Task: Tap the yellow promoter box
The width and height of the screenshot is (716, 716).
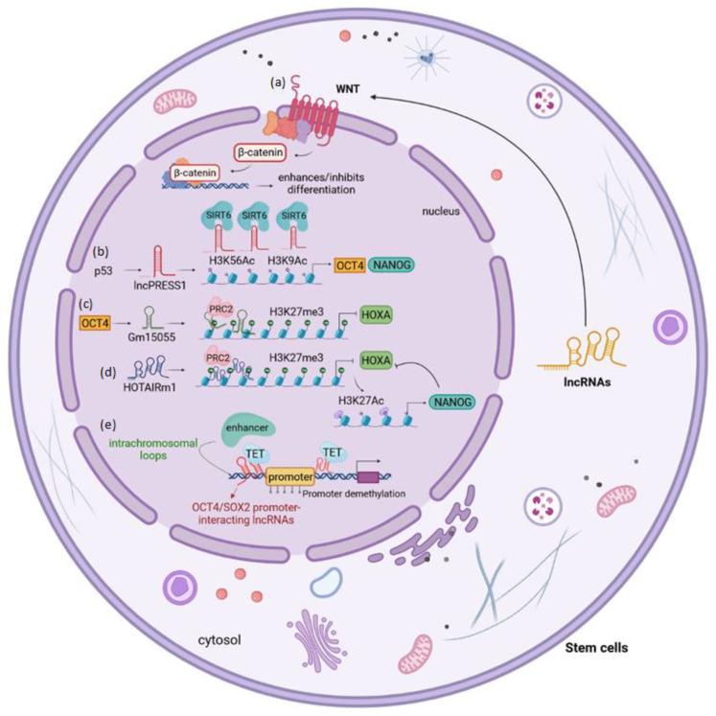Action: (289, 473)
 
